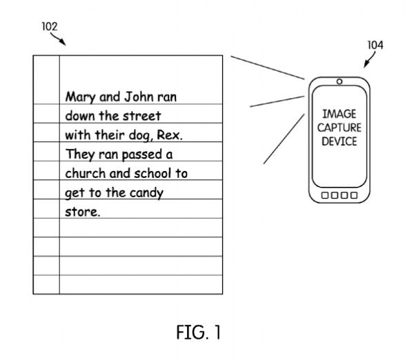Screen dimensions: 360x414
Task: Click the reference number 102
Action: coord(49,26)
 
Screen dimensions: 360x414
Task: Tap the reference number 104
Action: coord(375,45)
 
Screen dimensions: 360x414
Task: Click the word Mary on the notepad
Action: coord(79,97)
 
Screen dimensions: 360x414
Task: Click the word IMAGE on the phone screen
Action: coord(339,114)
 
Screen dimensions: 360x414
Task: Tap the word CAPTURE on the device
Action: coord(339,128)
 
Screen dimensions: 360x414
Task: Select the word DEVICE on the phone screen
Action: coord(339,141)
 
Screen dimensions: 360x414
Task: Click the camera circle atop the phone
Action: coord(339,82)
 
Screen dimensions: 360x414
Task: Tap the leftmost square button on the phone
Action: coord(325,196)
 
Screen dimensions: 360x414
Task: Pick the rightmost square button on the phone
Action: coord(353,196)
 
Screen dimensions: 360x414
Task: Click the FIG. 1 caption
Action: coord(198,333)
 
